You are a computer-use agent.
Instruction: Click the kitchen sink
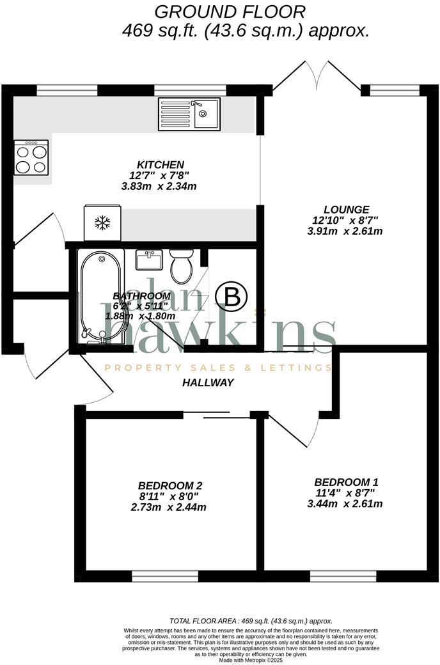point(189,114)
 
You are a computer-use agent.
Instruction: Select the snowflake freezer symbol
point(102,223)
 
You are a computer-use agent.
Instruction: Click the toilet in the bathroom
point(182,266)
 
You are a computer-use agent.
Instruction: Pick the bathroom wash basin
point(150,260)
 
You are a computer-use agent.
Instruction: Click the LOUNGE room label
point(346,209)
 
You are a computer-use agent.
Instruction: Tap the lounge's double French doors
point(317,77)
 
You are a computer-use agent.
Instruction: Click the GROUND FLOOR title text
point(230,11)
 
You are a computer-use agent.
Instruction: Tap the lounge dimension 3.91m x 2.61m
point(345,231)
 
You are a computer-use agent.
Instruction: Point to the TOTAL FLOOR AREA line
point(251,621)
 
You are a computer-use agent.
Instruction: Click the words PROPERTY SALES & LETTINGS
point(217,368)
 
